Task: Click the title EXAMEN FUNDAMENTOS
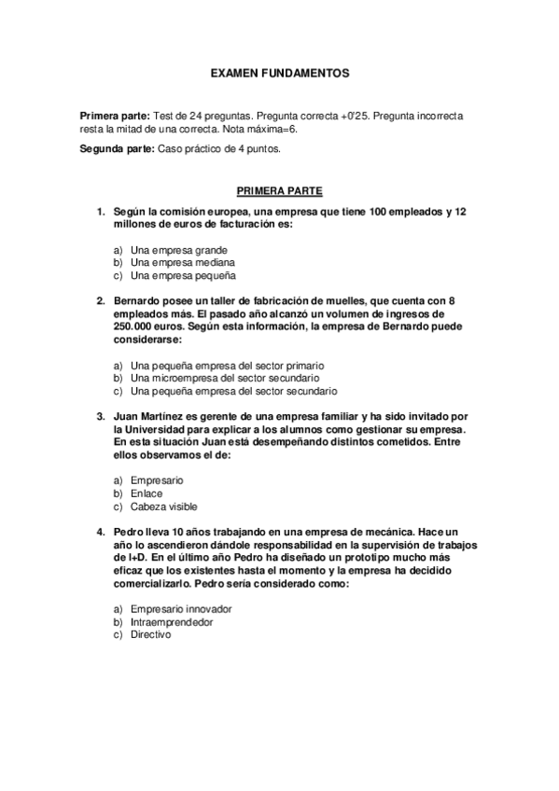click(279, 72)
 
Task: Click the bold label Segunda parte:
click(119, 149)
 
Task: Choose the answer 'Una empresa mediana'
click(182, 263)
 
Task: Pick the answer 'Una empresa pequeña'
click(183, 276)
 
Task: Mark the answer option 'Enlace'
click(146, 493)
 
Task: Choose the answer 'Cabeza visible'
click(164, 507)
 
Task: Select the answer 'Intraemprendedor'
click(173, 622)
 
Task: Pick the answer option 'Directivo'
click(151, 635)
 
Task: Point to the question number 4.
click(100, 531)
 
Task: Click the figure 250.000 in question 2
click(133, 327)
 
